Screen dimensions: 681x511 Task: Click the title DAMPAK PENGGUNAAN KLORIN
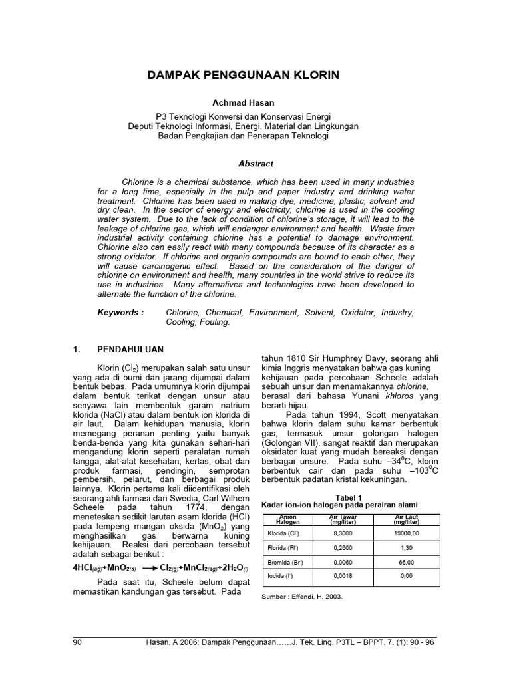point(243,76)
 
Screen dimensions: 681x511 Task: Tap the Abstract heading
point(255,163)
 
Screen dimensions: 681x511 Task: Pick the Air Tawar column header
point(344,519)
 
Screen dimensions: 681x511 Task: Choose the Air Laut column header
point(407,519)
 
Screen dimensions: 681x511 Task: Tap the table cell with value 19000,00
point(407,533)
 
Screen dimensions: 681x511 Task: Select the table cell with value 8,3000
point(344,533)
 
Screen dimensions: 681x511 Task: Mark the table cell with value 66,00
point(407,562)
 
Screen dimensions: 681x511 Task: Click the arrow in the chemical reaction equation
point(146,568)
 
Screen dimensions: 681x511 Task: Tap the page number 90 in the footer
point(78,642)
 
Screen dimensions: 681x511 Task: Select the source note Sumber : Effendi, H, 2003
point(302,597)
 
